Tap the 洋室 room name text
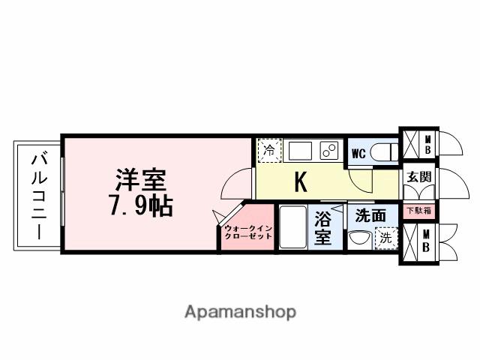coord(141,181)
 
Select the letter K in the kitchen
coord(299,182)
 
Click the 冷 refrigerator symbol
coord(268,149)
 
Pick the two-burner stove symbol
coord(330,150)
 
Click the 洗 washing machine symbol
coord(385,238)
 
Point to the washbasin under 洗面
coord(359,241)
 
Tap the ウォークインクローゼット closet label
coord(247,231)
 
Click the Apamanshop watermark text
coord(240,311)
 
